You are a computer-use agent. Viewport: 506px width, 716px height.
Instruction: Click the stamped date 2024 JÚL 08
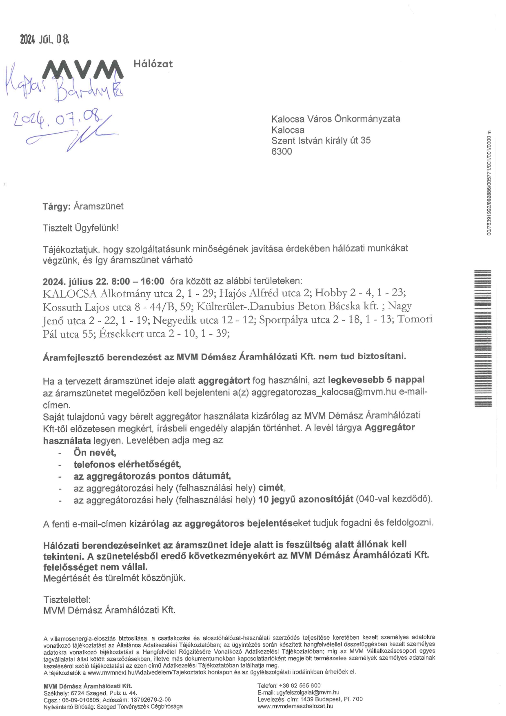pyautogui.click(x=45, y=40)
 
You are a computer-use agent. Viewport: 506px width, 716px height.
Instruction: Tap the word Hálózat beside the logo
pyautogui.click(x=153, y=64)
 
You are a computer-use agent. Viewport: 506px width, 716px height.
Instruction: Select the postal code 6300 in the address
pyautogui.click(x=282, y=151)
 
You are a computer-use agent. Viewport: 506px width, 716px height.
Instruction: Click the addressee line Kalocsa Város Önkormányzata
pyautogui.click(x=335, y=119)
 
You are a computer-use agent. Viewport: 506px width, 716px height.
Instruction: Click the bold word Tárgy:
pyautogui.click(x=57, y=207)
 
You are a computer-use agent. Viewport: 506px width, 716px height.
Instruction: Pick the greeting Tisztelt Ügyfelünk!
pyautogui.click(x=81, y=228)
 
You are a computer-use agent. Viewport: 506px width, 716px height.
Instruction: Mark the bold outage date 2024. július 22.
pyautogui.click(x=75, y=281)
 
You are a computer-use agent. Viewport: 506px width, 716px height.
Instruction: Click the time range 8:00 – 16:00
pyautogui.click(x=138, y=281)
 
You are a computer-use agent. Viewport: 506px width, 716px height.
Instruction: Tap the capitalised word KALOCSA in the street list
pyautogui.click(x=70, y=294)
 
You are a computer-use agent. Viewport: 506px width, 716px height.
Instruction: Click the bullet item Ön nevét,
pyautogui.click(x=95, y=452)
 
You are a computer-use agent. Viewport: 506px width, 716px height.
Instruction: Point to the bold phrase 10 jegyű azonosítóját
pyautogui.click(x=306, y=499)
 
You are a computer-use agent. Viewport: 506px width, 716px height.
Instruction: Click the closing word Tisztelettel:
pyautogui.click(x=67, y=600)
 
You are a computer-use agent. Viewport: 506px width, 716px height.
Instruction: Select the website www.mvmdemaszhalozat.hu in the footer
pyautogui.click(x=295, y=706)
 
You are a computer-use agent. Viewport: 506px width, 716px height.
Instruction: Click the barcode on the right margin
pyautogui.click(x=483, y=338)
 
